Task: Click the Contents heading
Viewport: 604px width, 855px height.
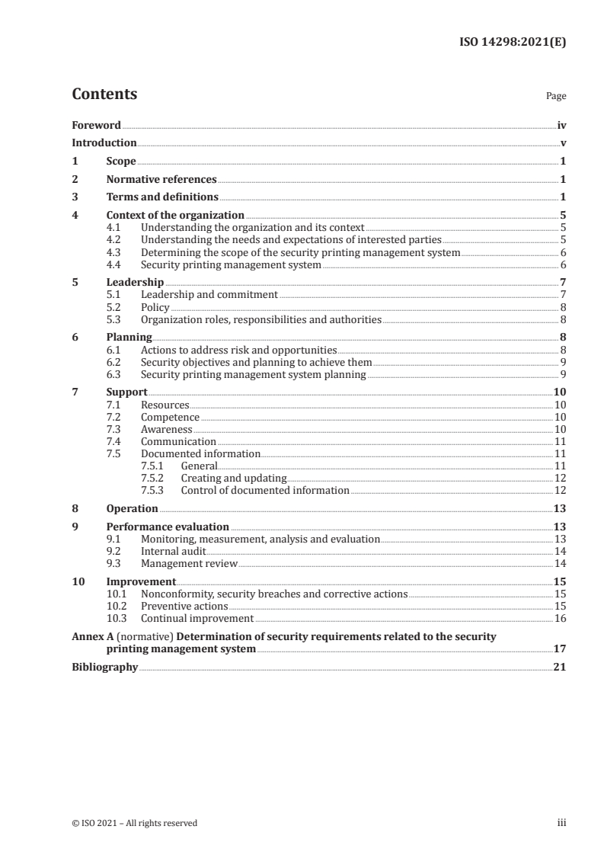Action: (x=104, y=94)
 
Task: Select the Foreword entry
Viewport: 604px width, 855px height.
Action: (x=96, y=125)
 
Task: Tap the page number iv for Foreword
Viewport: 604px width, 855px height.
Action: (x=561, y=125)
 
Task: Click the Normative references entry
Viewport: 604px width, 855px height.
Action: (x=161, y=180)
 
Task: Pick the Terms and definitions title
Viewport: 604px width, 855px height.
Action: (x=156, y=197)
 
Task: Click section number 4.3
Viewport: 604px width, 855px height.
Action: (x=114, y=252)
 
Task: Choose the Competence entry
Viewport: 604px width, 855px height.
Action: (x=170, y=418)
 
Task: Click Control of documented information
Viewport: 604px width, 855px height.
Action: (x=265, y=490)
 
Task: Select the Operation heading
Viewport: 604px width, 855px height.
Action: (x=132, y=508)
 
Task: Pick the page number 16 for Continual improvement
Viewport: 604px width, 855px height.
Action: (x=560, y=618)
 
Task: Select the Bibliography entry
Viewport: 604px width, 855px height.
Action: (x=104, y=667)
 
